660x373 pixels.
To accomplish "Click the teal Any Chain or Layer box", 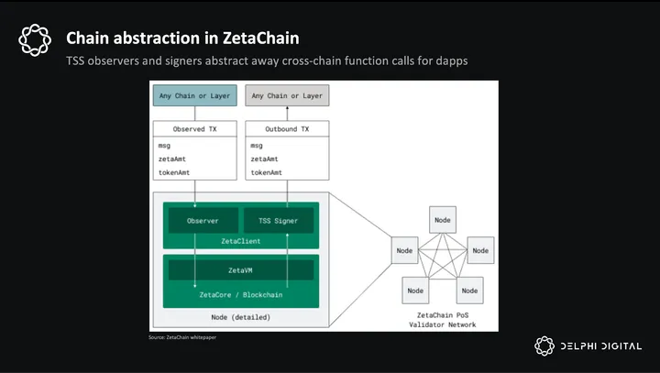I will click(x=195, y=95).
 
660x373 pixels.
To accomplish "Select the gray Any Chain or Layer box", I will click(x=287, y=95).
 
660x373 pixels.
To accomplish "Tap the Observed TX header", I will click(x=195, y=129).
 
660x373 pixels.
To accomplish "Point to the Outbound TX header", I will click(x=287, y=129).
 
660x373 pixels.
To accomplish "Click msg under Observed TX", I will click(x=164, y=145).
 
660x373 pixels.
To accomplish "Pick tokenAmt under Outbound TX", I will click(x=266, y=172).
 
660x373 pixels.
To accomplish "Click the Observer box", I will click(x=202, y=221).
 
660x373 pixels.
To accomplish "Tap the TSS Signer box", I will click(x=279, y=221).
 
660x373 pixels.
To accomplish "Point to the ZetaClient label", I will click(x=240, y=241).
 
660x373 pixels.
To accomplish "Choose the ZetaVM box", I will click(x=240, y=270).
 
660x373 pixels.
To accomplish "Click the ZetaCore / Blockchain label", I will click(x=240, y=295).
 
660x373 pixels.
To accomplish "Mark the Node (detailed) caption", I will click(x=240, y=317).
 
